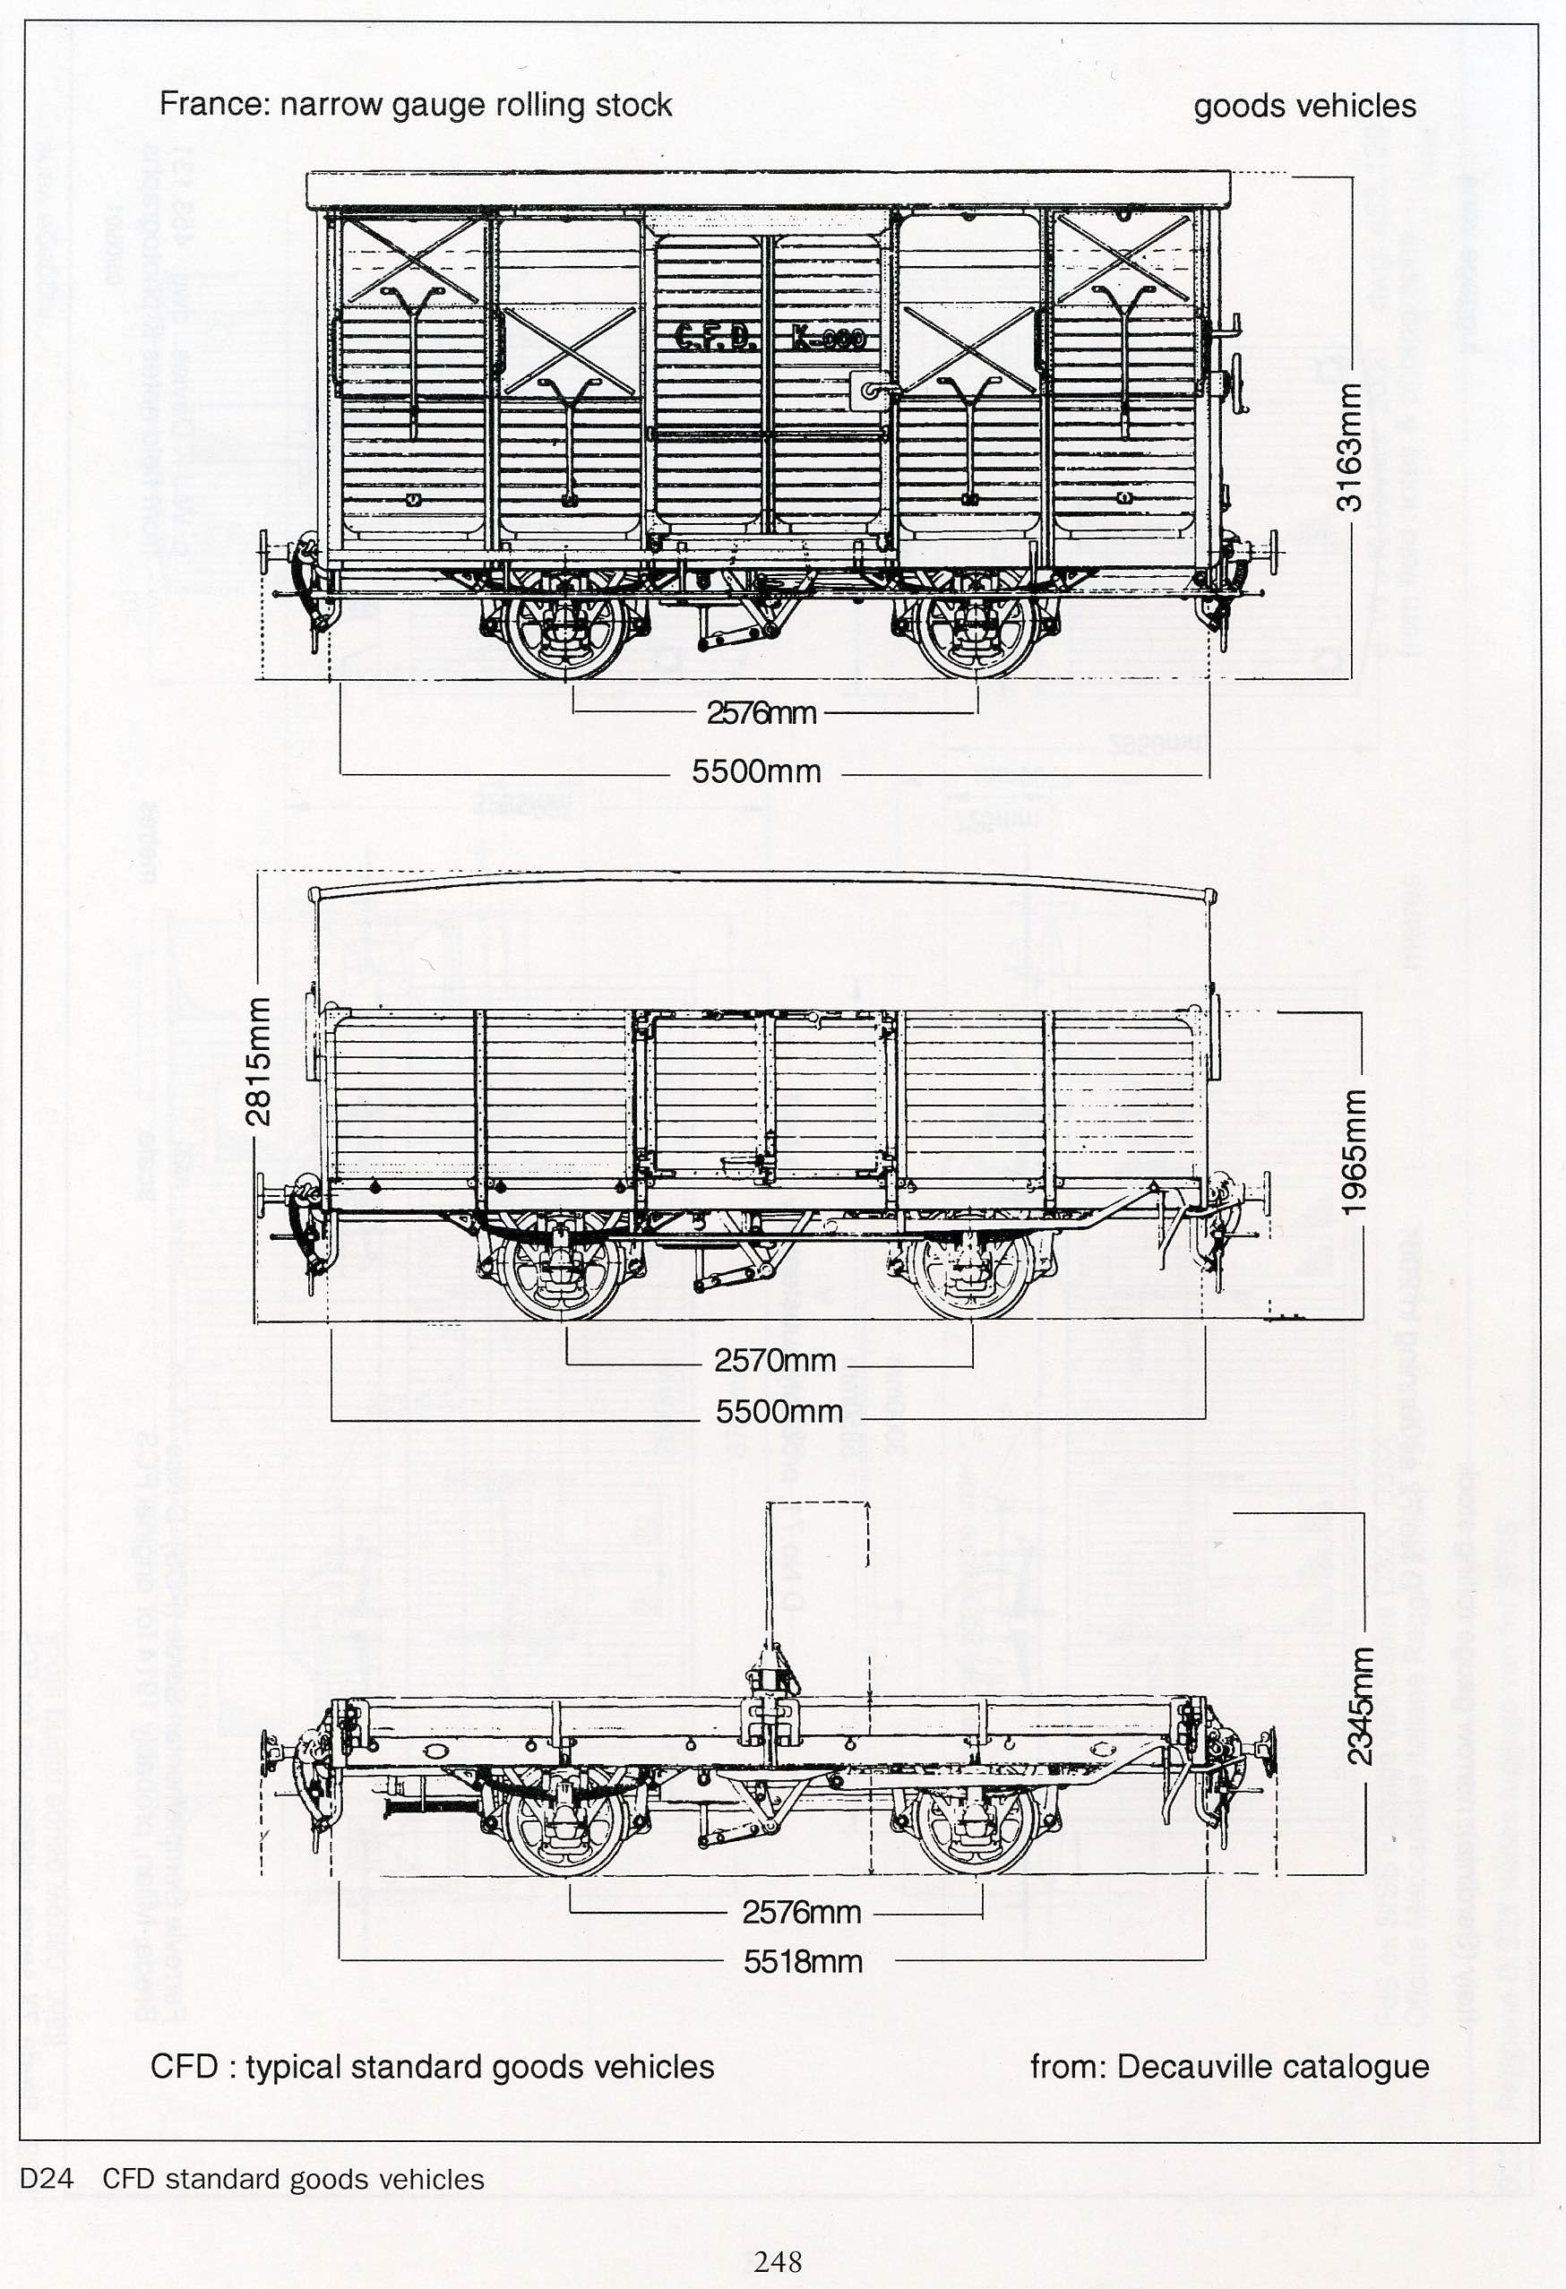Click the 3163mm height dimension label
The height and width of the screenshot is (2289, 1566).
tap(1349, 446)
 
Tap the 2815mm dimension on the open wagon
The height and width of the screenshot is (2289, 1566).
tap(258, 1061)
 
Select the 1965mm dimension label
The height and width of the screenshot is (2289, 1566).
tap(1355, 1150)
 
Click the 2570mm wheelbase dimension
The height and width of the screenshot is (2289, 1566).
tap(775, 1360)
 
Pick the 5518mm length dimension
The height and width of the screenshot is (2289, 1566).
tap(803, 1961)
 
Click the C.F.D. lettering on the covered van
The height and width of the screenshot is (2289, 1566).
tap(715, 338)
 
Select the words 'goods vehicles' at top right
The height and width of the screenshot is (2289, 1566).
tap(1305, 107)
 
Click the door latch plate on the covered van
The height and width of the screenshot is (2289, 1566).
tap(866, 391)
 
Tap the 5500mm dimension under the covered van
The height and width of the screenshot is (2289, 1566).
tap(755, 771)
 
